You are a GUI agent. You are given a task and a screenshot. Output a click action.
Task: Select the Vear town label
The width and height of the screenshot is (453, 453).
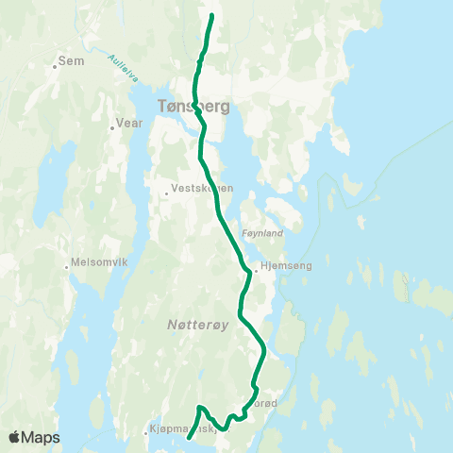[127, 123]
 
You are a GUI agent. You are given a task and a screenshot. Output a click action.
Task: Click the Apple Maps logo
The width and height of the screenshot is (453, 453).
[34, 437]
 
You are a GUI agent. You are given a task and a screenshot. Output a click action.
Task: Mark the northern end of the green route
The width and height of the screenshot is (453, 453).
[211, 16]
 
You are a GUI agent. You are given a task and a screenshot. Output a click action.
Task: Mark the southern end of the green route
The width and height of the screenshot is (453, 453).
[190, 437]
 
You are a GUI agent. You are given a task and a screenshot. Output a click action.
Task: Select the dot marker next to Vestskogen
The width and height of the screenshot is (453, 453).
[167, 193]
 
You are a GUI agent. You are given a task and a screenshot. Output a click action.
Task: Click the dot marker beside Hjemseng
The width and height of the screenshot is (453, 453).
[255, 269]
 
